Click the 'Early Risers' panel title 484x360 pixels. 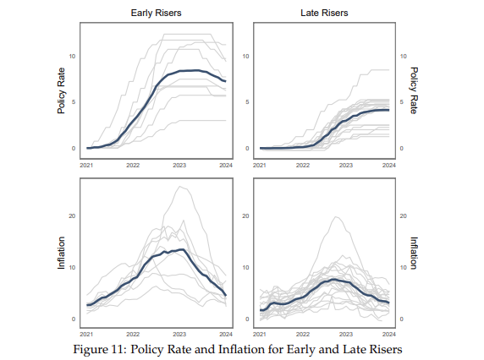(155, 14)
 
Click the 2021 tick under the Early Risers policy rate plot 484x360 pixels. (86, 166)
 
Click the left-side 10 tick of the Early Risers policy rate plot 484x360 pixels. (73, 56)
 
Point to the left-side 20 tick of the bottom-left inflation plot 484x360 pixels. (73, 215)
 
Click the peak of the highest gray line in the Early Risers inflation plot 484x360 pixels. (179, 187)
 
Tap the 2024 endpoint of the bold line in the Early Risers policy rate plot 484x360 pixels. (226, 81)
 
